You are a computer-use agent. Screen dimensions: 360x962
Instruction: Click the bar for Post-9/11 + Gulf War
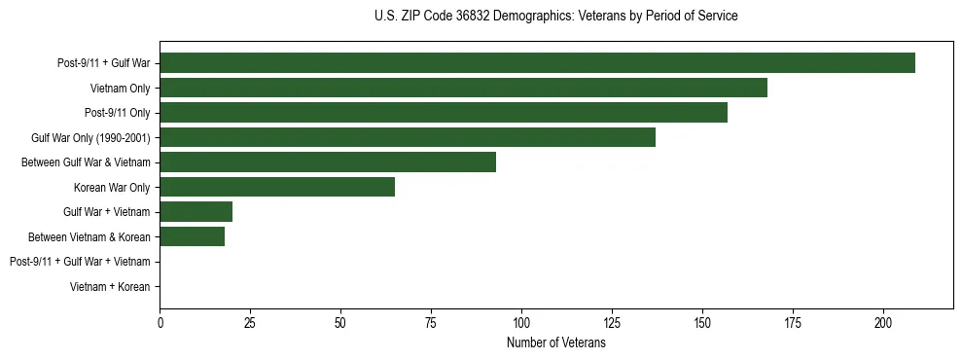537,63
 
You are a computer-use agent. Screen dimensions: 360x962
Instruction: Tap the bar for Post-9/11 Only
444,113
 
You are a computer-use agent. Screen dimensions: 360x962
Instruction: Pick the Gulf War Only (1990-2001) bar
408,137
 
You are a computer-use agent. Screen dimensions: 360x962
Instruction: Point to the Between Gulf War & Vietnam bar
328,162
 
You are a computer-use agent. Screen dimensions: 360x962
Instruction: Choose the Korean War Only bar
277,187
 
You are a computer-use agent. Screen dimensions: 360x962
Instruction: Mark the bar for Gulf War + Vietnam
196,211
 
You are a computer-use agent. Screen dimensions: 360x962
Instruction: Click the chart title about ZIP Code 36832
555,17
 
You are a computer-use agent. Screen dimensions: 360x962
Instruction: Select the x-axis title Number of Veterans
555,343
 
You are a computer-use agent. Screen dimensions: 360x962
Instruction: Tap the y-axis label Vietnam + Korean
110,286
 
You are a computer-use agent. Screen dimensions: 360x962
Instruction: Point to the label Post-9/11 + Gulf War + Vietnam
80,261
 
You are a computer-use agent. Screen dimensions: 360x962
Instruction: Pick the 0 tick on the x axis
160,322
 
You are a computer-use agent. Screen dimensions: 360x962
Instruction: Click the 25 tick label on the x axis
250,322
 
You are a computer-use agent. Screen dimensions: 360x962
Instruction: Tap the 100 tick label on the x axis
521,322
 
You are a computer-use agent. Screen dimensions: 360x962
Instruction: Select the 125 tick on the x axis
612,322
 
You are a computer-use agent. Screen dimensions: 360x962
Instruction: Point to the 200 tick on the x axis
883,322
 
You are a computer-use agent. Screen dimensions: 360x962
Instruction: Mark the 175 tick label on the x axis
793,322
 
